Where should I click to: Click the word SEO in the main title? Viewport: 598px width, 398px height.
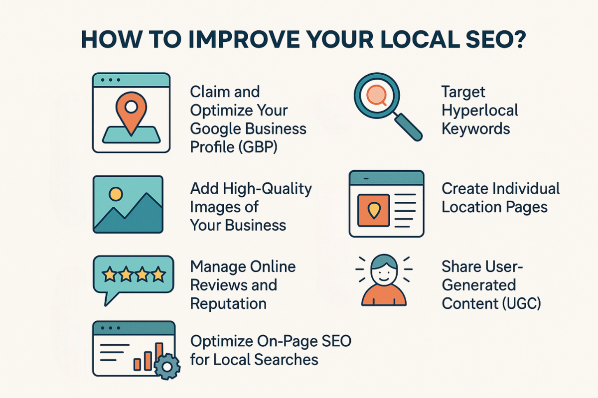tap(483, 39)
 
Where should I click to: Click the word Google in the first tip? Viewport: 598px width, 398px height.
tap(215, 129)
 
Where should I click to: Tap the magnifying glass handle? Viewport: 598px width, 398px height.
tap(408, 127)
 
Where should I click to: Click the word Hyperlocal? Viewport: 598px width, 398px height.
tap(480, 111)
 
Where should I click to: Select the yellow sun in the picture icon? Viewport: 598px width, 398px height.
tap(116, 194)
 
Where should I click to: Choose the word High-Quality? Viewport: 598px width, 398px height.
tap(267, 189)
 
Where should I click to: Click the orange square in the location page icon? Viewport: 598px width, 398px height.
tap(374, 211)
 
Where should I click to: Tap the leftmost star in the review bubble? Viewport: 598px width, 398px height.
tap(110, 274)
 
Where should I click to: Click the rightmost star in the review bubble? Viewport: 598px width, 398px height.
tap(158, 274)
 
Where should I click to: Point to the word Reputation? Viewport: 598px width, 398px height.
tap(228, 304)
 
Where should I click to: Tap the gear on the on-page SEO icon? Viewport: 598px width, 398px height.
tap(167, 367)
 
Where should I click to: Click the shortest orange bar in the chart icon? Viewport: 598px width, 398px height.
tap(137, 364)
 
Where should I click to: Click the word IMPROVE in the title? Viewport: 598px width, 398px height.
tap(244, 39)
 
